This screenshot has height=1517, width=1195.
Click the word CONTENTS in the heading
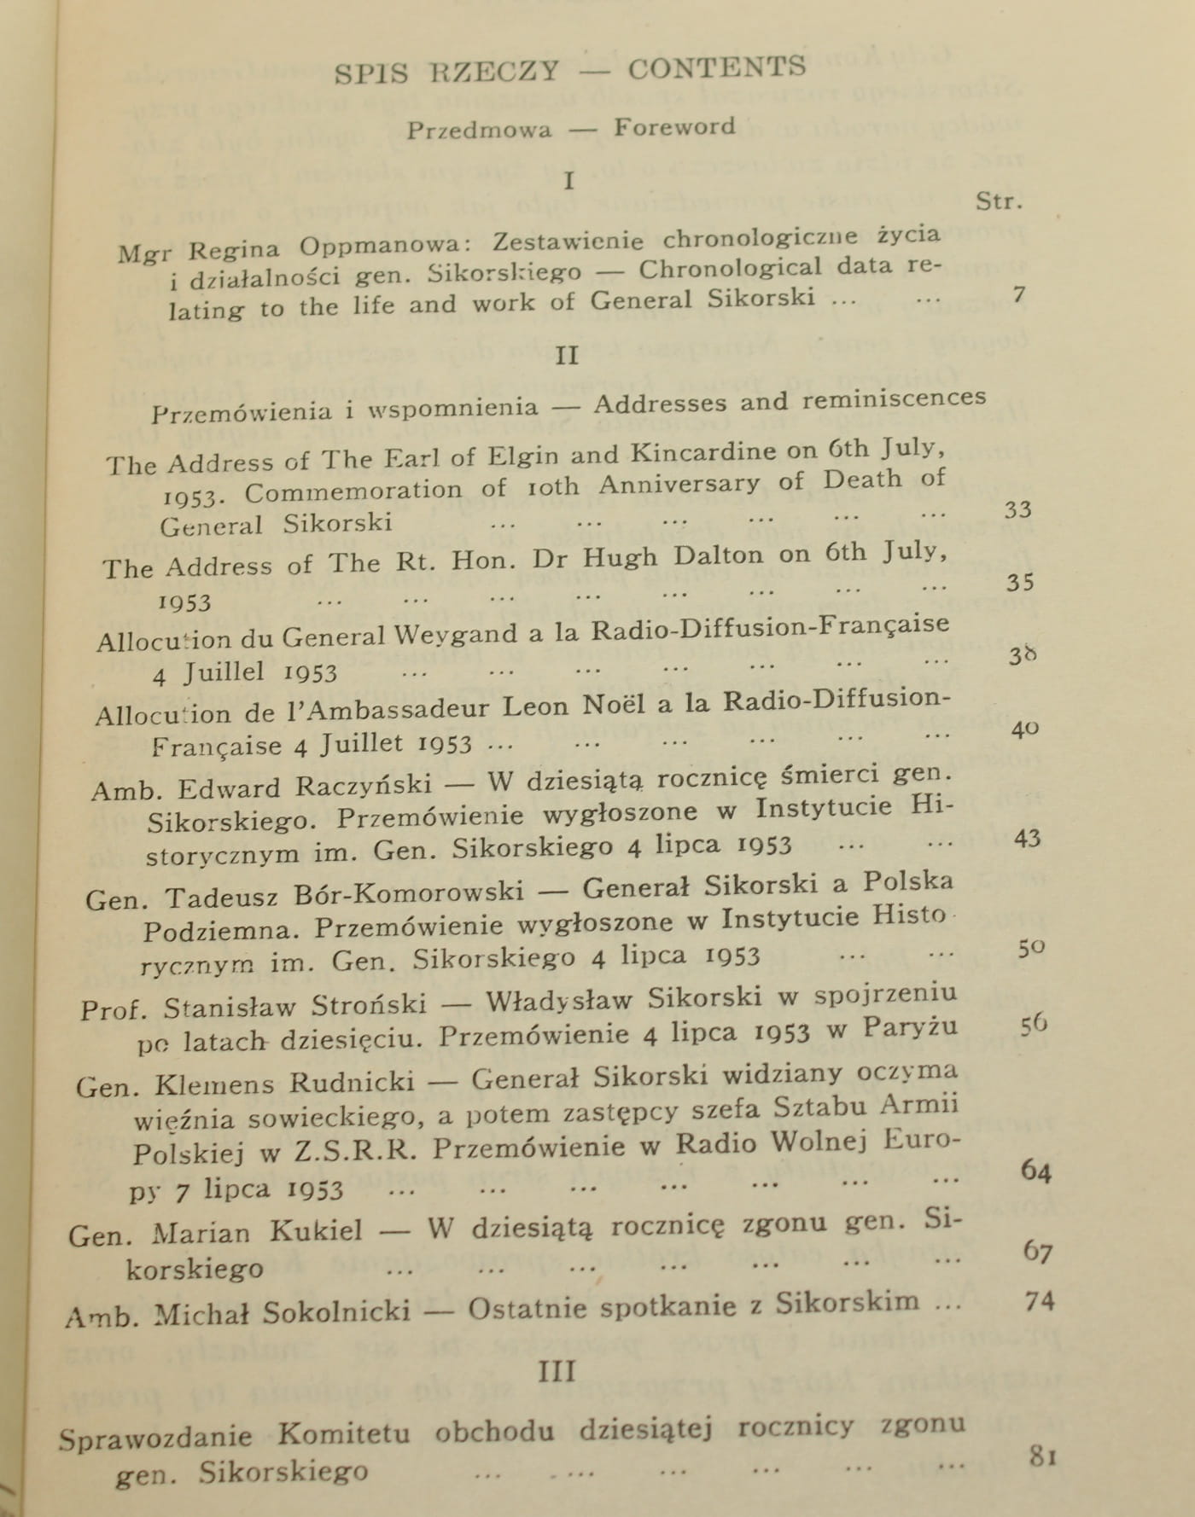pos(716,67)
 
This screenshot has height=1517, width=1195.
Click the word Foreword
pos(673,127)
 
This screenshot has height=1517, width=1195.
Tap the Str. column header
pos(999,201)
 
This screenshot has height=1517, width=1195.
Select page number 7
pos(1017,295)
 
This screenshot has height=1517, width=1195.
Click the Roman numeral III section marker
pos(557,1371)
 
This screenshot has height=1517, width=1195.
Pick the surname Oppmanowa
pos(380,246)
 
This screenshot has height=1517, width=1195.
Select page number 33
pos(1017,509)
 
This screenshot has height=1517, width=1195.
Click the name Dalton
pos(718,556)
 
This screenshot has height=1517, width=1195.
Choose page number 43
pos(1026,838)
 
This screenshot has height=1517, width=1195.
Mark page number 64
pos(1035,1170)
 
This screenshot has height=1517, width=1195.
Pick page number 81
pos(1042,1455)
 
